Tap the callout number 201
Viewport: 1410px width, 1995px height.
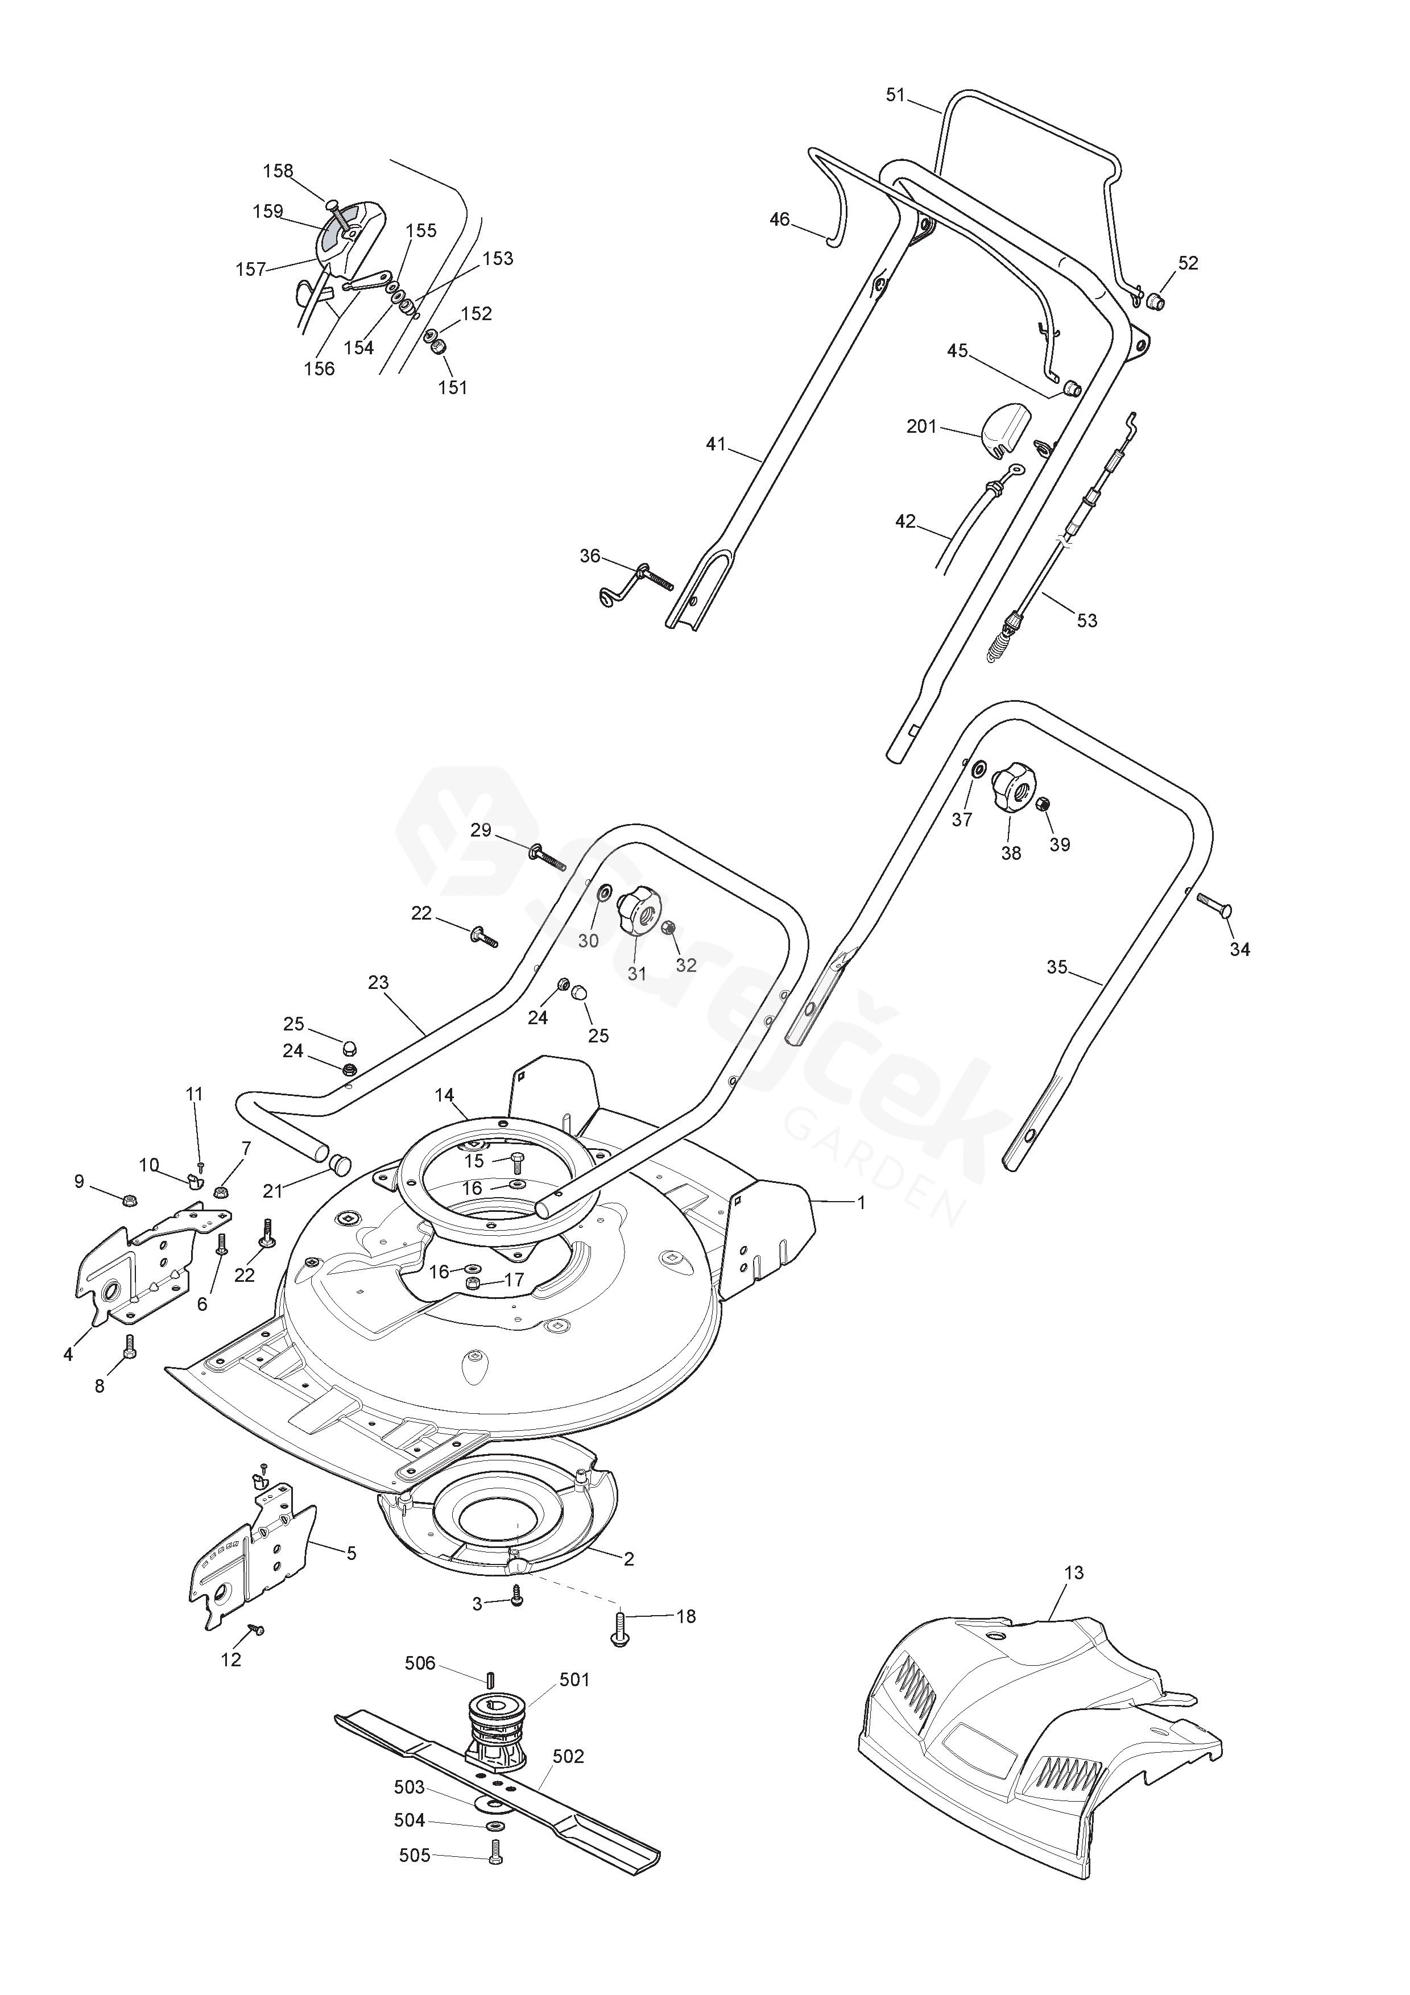click(922, 427)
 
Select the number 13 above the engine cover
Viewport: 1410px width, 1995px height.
click(1074, 1572)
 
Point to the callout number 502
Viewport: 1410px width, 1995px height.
click(568, 1756)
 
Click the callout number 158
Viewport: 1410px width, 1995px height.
click(278, 171)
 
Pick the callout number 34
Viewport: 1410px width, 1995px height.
click(1240, 950)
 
